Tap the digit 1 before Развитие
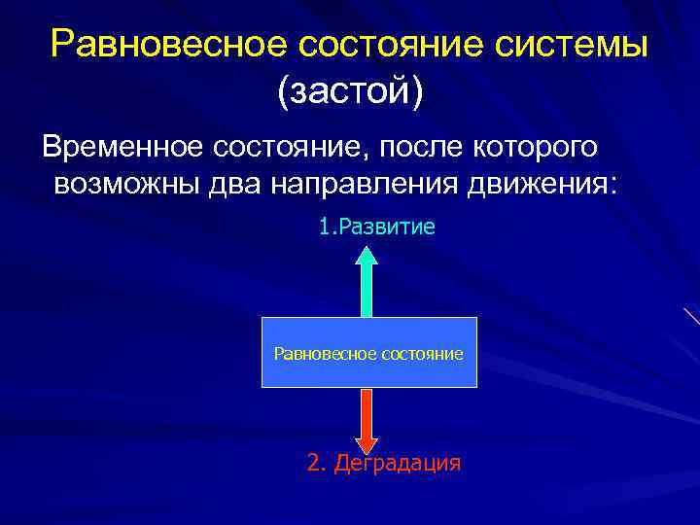325,227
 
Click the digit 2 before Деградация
314,463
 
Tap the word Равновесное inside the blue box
317,353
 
